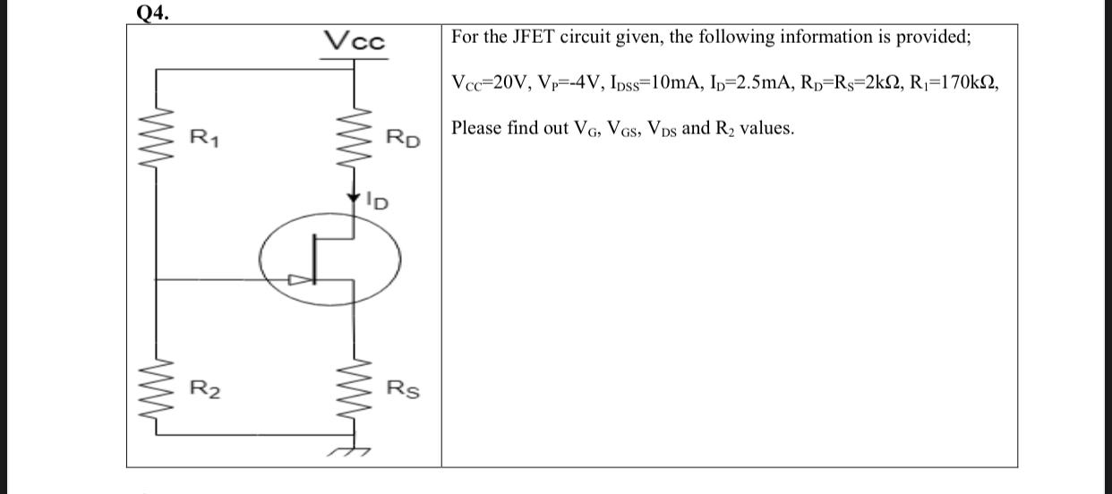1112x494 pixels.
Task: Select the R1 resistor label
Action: coord(203,138)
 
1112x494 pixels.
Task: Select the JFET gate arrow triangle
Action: coord(295,280)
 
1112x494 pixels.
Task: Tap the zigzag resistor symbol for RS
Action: coord(355,391)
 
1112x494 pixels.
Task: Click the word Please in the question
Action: coord(477,128)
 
